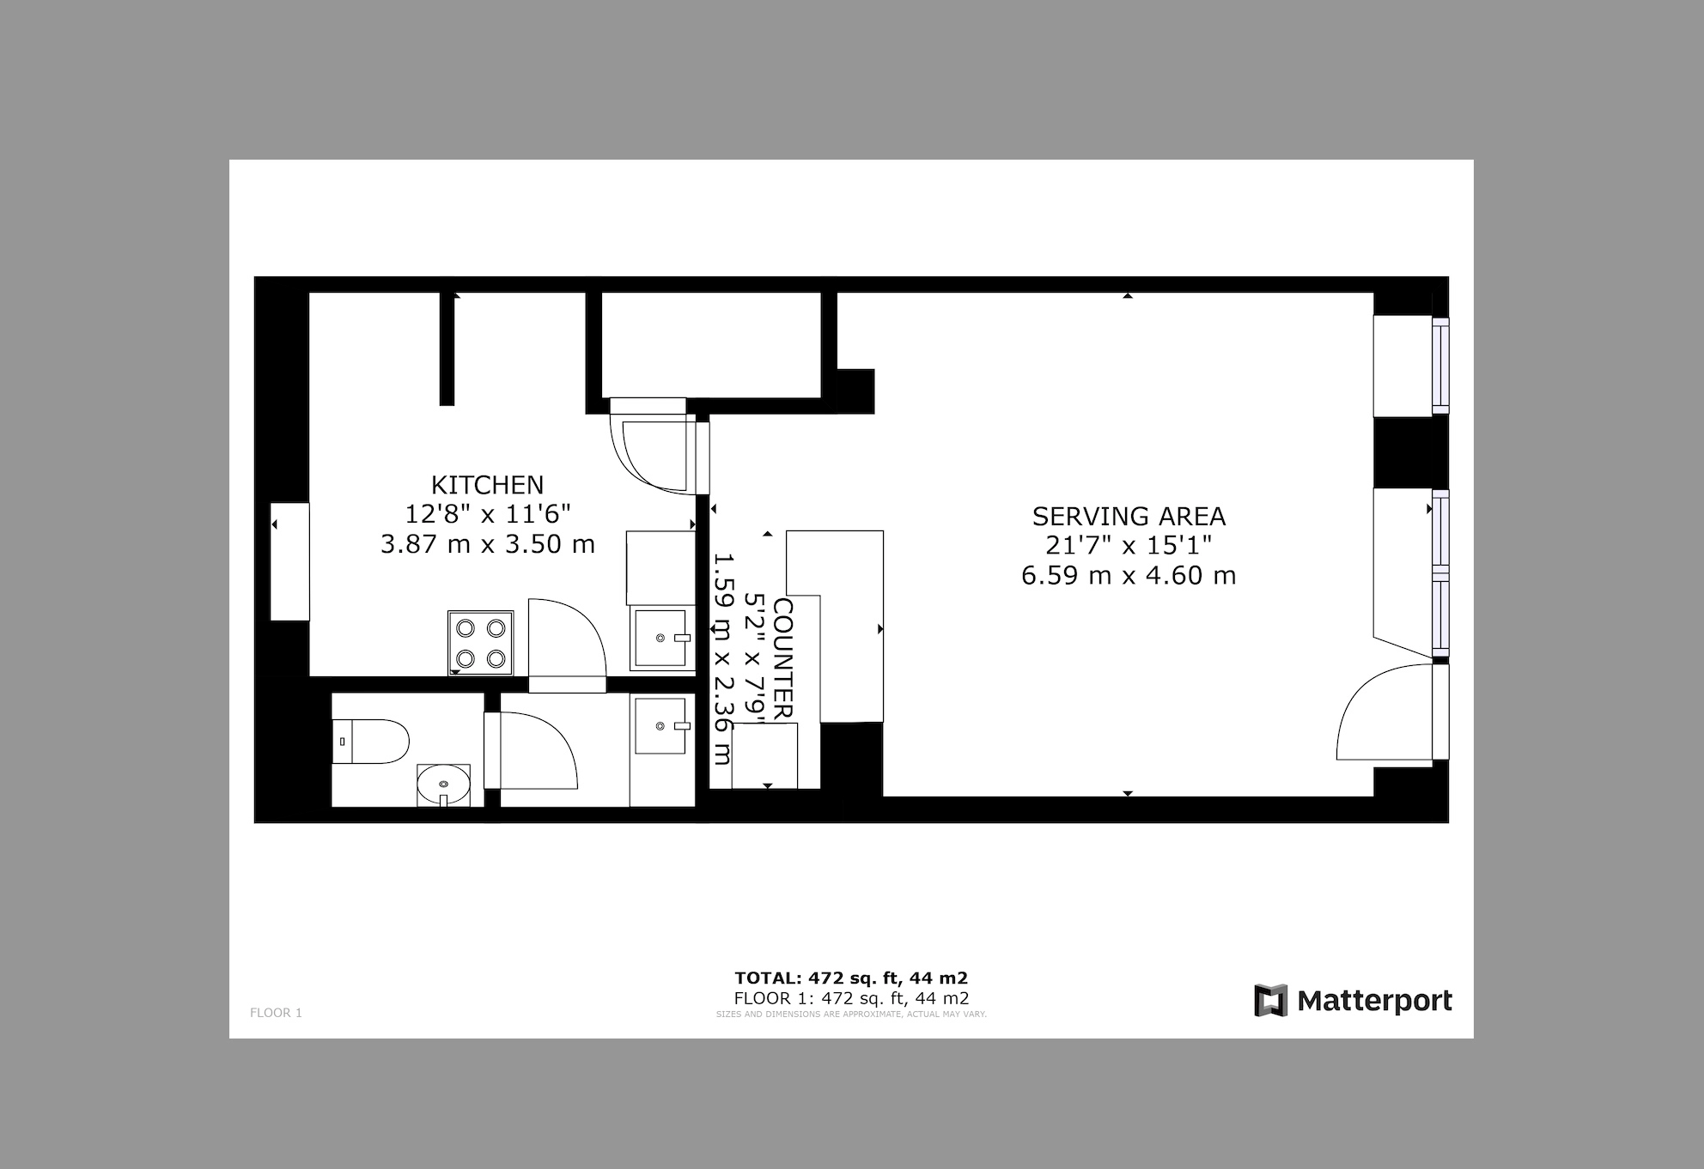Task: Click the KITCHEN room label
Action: point(487,485)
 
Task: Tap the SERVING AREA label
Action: point(1129,517)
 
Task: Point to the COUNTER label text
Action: point(782,659)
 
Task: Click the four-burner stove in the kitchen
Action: point(481,642)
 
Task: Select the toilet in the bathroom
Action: point(370,742)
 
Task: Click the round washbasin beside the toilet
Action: point(443,784)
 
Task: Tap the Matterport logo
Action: point(1353,1001)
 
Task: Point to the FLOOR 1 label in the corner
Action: point(276,1013)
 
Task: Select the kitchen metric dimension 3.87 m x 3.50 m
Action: point(488,544)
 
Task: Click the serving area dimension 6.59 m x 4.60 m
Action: point(1129,575)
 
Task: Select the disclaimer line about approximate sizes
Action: point(851,1015)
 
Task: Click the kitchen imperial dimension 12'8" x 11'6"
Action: point(488,514)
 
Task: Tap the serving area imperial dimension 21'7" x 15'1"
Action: point(1129,545)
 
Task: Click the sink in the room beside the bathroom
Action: point(662,725)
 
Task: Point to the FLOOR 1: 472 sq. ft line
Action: point(851,998)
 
